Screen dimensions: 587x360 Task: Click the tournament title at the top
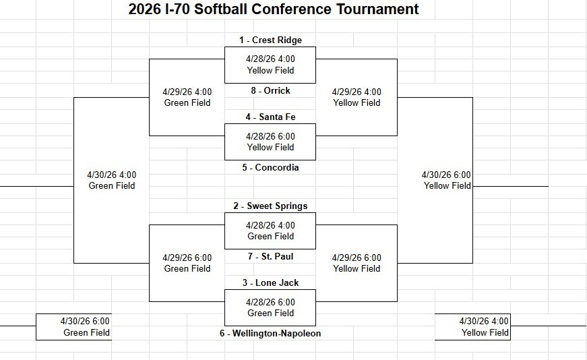[274, 9]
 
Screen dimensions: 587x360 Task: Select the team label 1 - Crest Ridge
[270, 40]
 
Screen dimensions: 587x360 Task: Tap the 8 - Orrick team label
[270, 90]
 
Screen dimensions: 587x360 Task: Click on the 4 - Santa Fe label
[270, 117]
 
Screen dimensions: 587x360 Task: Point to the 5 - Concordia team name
[270, 167]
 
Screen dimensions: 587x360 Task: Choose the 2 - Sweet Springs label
[270, 206]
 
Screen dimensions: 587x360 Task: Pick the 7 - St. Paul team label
[270, 257]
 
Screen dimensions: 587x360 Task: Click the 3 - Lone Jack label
[270, 283]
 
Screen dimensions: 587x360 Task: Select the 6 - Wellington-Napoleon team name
[270, 334]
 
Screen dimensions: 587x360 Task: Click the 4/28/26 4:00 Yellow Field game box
[270, 65]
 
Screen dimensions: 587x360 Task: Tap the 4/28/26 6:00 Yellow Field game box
[270, 142]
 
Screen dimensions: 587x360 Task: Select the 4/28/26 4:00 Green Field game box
[270, 231]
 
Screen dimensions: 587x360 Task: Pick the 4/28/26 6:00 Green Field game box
[270, 307]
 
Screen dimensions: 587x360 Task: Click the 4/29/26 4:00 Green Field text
[187, 97]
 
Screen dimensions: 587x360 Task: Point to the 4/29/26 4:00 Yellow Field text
[357, 97]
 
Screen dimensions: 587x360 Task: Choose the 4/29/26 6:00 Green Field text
[187, 263]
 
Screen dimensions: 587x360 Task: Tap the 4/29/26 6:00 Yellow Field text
[357, 263]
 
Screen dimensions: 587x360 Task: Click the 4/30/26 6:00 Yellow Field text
[446, 180]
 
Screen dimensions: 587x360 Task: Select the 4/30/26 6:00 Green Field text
[86, 327]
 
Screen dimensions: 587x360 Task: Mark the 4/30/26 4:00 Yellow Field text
[484, 327]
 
